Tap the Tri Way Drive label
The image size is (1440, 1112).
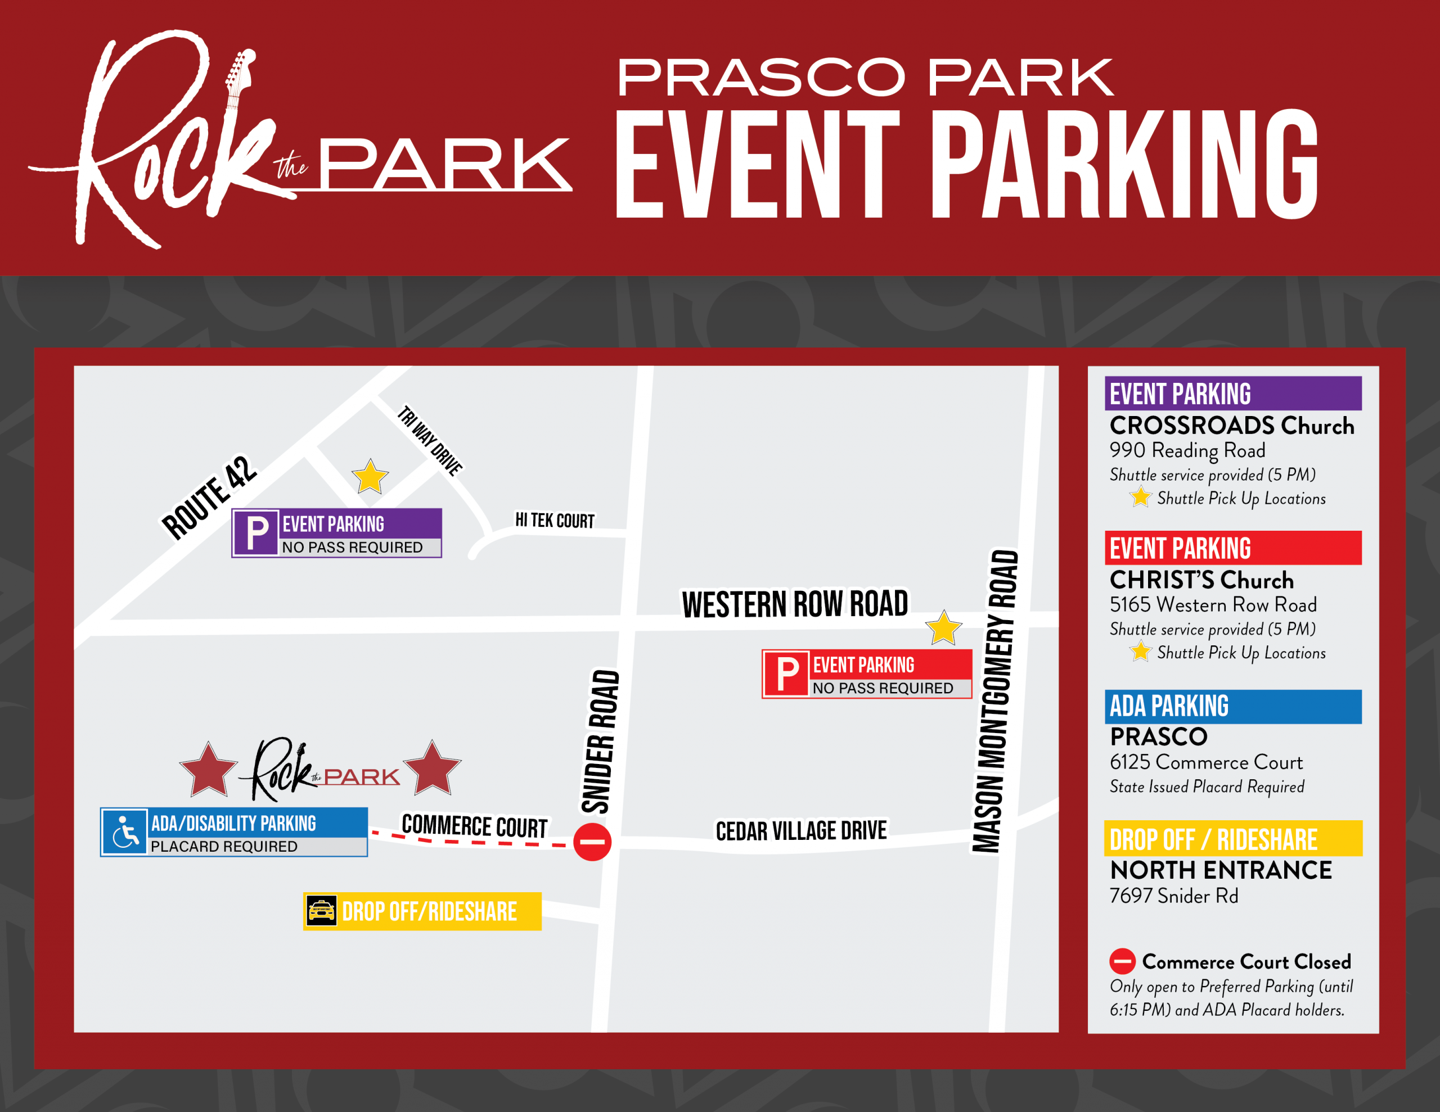(430, 440)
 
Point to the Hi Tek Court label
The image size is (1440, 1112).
(555, 521)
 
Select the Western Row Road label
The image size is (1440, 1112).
(794, 604)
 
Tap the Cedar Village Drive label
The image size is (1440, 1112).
(801, 830)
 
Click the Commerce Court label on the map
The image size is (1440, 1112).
(474, 826)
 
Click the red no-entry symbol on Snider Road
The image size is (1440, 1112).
(592, 842)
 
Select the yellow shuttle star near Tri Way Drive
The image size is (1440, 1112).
(370, 477)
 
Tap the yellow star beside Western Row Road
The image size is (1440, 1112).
(943, 627)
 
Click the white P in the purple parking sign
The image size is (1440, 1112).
(256, 532)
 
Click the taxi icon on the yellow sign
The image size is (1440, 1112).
(322, 911)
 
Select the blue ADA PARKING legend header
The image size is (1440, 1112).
(1232, 706)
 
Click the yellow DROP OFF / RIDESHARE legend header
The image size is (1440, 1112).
(1232, 838)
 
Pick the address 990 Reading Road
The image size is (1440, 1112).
(1187, 450)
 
